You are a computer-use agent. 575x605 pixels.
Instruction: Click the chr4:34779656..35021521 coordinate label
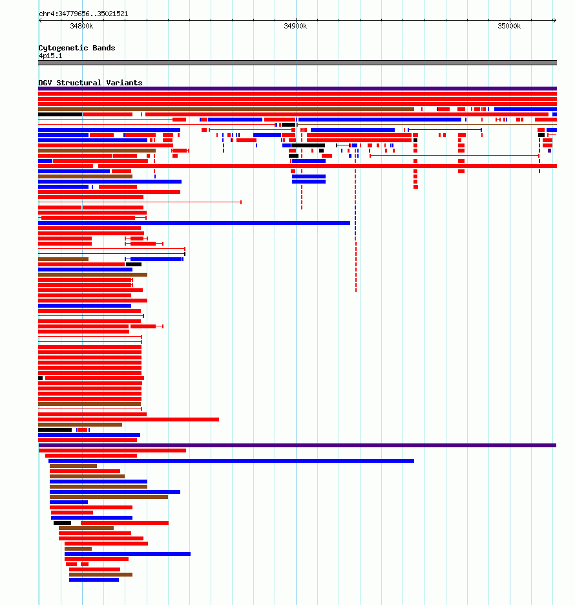click(x=83, y=14)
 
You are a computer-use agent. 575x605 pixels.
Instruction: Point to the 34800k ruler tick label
click(x=81, y=27)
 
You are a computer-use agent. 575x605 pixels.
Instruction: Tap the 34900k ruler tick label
click(x=295, y=27)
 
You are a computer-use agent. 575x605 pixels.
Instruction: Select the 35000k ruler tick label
click(x=509, y=27)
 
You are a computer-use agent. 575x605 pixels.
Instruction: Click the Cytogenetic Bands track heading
click(x=77, y=48)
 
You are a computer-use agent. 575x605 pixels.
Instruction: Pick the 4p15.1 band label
click(x=50, y=56)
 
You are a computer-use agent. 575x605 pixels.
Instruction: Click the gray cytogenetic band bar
click(x=297, y=63)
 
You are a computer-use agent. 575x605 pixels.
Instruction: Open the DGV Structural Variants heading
click(x=90, y=83)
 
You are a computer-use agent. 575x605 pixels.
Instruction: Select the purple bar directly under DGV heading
click(x=297, y=89)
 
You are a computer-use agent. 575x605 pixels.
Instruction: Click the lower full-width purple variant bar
click(x=297, y=445)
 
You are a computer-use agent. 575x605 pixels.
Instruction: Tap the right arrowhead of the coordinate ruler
click(x=554, y=20)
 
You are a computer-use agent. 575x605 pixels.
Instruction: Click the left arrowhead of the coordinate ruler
click(x=40, y=20)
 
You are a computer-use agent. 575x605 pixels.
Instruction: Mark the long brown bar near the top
click(x=226, y=109)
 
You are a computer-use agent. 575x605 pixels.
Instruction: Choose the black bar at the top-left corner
click(x=60, y=114)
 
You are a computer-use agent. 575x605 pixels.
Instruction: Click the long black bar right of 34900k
click(x=308, y=145)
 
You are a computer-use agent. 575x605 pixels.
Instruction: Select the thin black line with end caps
click(x=112, y=254)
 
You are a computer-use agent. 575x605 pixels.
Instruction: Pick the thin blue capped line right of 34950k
click(x=444, y=130)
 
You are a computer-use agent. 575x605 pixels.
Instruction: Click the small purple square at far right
click(x=550, y=151)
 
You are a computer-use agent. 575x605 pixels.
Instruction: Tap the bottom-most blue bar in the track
click(x=94, y=580)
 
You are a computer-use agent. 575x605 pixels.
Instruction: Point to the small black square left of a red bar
click(x=41, y=378)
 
